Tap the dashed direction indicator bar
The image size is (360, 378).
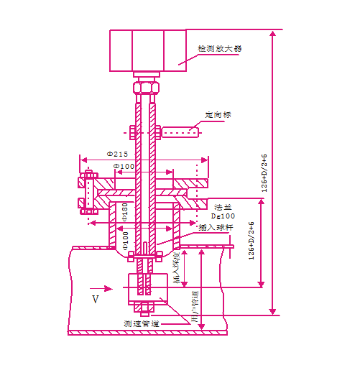(179, 132)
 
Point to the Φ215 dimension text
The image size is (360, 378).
(117, 154)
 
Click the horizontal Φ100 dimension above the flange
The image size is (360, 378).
(124, 167)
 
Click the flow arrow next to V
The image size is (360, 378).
(107, 290)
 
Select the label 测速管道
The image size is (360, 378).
(140, 323)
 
